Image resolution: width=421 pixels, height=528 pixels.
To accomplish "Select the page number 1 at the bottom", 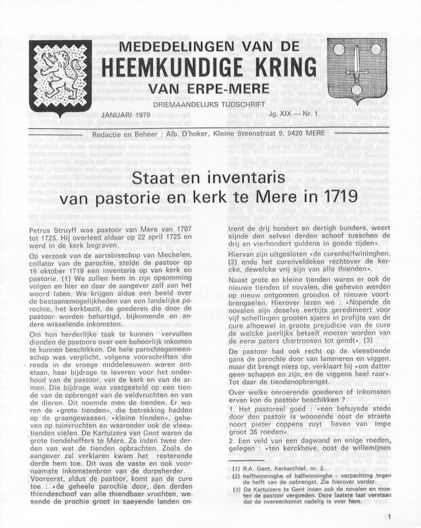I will (x=389, y=518).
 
